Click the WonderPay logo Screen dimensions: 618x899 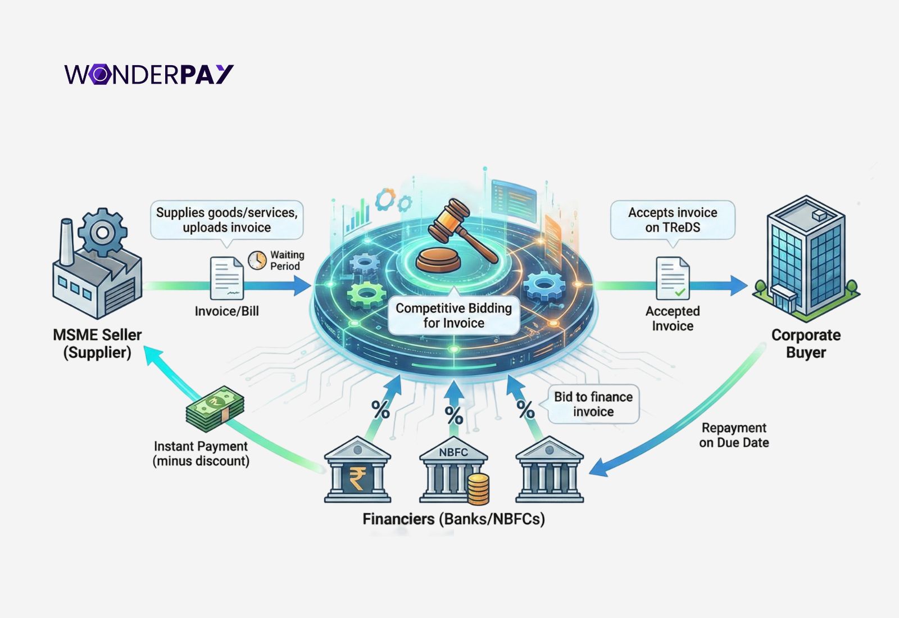pyautogui.click(x=149, y=74)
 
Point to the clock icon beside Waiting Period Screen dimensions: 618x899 pyautogui.click(x=257, y=260)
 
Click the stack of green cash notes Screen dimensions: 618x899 pyautogui.click(x=215, y=408)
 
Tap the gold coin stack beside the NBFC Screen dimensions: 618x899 pyautogui.click(x=478, y=488)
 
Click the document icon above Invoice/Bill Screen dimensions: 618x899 pyautogui.click(x=226, y=278)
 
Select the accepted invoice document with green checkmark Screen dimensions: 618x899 pyautogui.click(x=673, y=278)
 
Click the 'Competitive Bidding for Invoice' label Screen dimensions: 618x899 pyautogui.click(x=453, y=316)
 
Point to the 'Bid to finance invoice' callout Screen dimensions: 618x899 pyautogui.click(x=593, y=404)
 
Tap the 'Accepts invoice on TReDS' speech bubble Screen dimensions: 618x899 pyautogui.click(x=673, y=220)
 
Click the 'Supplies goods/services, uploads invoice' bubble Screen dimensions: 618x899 pyautogui.click(x=226, y=220)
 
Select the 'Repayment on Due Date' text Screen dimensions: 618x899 pyautogui.click(x=734, y=435)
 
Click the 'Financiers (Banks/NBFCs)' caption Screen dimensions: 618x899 pyautogui.click(x=453, y=519)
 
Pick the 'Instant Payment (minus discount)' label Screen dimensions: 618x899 pyautogui.click(x=201, y=453)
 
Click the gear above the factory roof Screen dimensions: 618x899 pyautogui.click(x=102, y=232)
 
